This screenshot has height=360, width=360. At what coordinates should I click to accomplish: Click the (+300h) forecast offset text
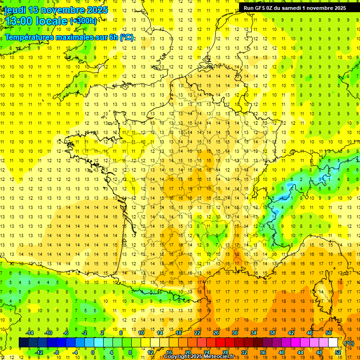pos(83,21)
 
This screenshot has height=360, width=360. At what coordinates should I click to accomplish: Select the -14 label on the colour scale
pos(30,333)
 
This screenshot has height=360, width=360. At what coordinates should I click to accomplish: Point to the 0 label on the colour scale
pos(93,352)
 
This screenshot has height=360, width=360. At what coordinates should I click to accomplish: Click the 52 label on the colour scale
pos(337,352)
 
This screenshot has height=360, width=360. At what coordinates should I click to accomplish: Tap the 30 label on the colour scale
pos(234,333)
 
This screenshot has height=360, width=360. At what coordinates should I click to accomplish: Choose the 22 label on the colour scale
pos(197,333)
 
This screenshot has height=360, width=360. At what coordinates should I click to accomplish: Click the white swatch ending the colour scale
pos(333,343)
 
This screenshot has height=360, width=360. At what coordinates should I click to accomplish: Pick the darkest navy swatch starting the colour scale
pos(23,343)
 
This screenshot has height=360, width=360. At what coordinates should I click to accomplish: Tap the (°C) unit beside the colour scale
pos(349,343)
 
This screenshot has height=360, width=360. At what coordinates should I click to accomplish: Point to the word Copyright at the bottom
pos(178,357)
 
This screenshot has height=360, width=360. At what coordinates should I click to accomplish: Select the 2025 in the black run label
pos(337,7)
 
